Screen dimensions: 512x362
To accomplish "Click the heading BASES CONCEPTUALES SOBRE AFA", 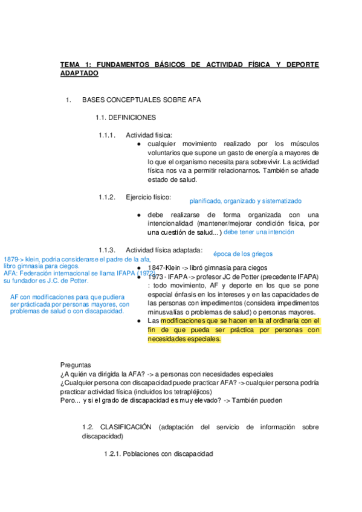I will tap(141, 100).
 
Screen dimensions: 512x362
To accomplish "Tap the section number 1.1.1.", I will tap(107, 135).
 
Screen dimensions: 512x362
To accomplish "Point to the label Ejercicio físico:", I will tap(148, 197).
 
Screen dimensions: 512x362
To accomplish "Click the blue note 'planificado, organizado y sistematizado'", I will tap(245, 201).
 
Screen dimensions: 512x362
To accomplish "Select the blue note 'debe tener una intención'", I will tap(259, 231).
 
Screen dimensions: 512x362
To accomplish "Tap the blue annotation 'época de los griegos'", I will tap(243, 254).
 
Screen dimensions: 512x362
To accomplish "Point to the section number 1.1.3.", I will tap(107, 250).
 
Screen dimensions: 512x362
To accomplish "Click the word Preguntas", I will tap(76, 365).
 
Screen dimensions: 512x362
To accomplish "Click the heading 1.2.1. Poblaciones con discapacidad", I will tap(158, 453).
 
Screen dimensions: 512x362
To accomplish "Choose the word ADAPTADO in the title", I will tap(79, 73).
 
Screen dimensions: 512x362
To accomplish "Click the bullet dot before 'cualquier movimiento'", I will tap(139, 144).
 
